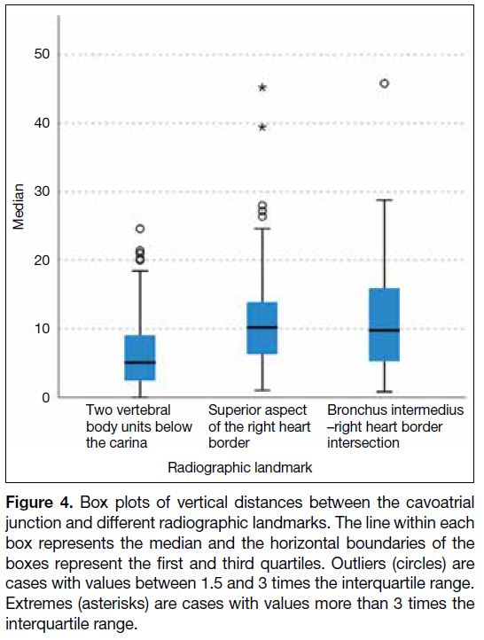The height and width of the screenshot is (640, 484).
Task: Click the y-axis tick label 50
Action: (42, 54)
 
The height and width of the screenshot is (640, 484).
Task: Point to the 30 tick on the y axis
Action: (42, 191)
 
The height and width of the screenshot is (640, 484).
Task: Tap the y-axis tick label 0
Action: (46, 397)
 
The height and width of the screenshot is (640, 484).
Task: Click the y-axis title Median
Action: (19, 207)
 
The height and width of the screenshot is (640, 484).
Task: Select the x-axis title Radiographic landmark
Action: (240, 467)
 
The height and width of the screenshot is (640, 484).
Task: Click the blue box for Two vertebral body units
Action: (140, 357)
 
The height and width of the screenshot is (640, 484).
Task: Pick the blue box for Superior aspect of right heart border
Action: (262, 328)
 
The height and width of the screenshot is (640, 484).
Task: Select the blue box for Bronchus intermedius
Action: (385, 324)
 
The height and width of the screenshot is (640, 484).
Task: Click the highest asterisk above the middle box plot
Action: (262, 88)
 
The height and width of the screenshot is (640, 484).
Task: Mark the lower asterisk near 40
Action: (262, 128)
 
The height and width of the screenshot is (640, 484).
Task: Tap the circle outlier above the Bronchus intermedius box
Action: (385, 83)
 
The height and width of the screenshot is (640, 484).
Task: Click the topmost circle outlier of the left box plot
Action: (140, 229)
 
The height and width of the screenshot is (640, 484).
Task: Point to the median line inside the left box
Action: (140, 362)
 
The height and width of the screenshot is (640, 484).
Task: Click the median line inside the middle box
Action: (262, 327)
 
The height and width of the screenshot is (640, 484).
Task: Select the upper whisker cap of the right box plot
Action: (385, 200)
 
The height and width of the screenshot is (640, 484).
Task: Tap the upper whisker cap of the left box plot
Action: (140, 270)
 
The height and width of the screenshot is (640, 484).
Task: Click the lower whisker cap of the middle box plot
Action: (262, 390)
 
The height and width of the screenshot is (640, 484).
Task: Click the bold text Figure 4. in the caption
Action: (39, 503)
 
